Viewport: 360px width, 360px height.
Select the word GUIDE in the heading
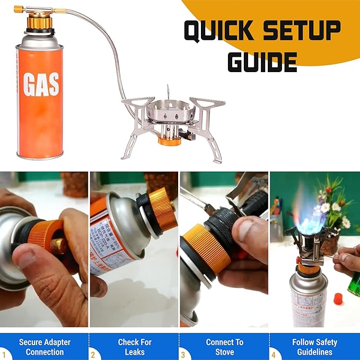point(262,62)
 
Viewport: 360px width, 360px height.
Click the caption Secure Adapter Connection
point(45,347)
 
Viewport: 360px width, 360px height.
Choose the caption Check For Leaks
point(135,347)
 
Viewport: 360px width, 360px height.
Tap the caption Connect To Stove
point(225,347)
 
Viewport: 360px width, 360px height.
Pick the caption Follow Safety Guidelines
point(314,347)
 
